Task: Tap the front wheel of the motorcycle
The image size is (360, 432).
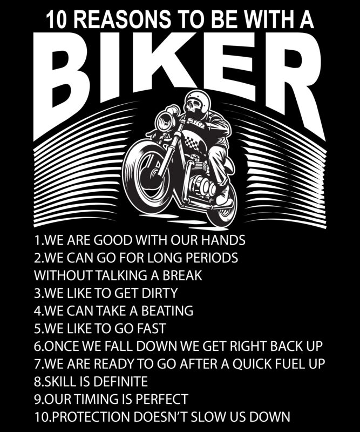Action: [x=146, y=176]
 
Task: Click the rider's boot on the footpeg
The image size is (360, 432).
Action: [x=223, y=199]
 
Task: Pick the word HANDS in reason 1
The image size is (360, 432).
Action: [x=223, y=240]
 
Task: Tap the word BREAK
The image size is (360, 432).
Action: [x=182, y=275]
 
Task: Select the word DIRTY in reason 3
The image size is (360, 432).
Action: [x=160, y=293]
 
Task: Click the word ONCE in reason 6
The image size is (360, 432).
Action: [x=61, y=346]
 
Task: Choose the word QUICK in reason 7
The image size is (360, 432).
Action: [x=252, y=363]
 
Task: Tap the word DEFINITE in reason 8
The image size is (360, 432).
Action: [x=121, y=381]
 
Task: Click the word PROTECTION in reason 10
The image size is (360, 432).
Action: [x=90, y=416]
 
